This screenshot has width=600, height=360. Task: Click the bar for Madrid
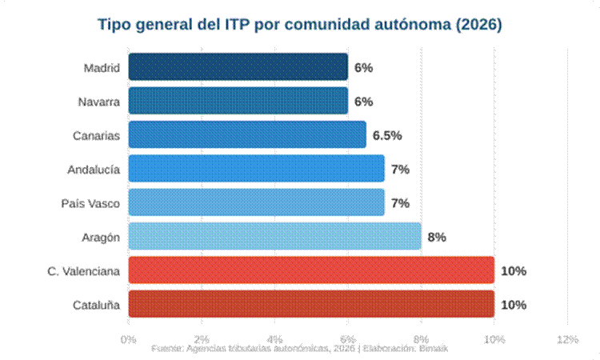[238, 67]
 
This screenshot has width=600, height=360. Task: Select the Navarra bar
[238, 101]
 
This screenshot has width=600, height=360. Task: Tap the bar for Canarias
[246, 134]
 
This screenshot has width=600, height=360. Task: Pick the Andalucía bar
[256, 169]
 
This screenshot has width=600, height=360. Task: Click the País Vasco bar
[256, 202]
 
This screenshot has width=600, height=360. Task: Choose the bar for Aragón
[274, 237]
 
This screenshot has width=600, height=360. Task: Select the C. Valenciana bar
[310, 270]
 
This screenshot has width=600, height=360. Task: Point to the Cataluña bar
[310, 304]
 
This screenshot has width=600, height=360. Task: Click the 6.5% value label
[387, 135]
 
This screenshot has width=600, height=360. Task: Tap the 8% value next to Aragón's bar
[436, 237]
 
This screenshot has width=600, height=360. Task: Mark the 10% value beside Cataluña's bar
[513, 305]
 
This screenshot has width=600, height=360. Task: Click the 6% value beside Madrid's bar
[364, 68]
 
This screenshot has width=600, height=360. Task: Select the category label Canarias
[96, 135]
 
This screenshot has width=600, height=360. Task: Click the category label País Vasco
[90, 203]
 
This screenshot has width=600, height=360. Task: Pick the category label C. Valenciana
[83, 271]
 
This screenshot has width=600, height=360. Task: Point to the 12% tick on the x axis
[566, 339]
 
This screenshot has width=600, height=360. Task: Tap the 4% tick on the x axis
[274, 339]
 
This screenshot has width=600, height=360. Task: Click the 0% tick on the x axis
[128, 339]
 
